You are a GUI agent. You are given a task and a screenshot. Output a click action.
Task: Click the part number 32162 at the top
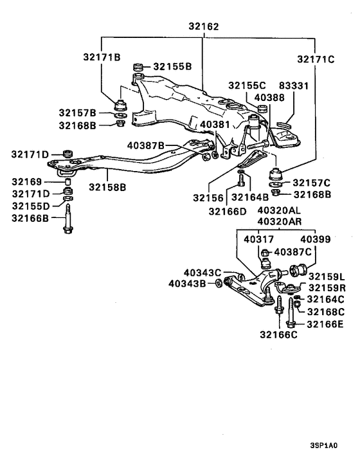204,27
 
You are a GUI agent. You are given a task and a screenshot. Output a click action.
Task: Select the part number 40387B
146,145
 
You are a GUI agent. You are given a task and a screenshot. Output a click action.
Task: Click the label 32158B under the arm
107,187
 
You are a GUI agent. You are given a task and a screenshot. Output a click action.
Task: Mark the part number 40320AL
279,210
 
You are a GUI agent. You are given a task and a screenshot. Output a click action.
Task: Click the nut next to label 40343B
218,283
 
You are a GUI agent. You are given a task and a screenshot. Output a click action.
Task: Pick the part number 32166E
327,323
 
